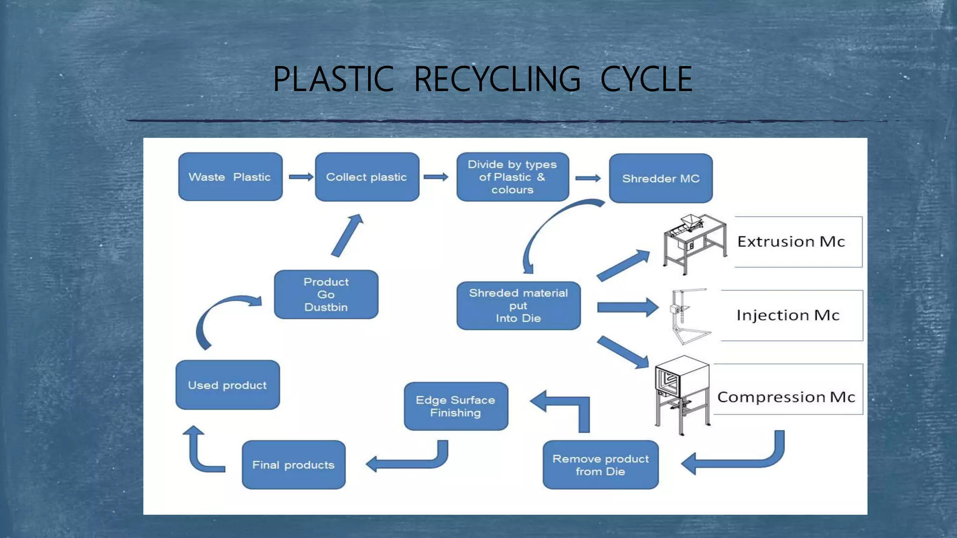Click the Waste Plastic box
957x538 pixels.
coord(230,177)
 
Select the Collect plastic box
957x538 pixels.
coord(367,177)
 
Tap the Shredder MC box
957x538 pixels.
coord(661,178)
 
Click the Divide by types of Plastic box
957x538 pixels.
coord(513,177)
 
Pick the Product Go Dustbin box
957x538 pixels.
coord(326,295)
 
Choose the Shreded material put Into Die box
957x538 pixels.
coord(518,306)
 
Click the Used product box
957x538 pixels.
coord(228,385)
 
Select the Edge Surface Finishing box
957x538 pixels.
coord(456,406)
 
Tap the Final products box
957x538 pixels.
coord(293,465)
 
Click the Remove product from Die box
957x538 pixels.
coord(600,465)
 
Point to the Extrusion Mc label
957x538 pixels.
coord(791,242)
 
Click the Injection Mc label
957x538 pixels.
coord(788,316)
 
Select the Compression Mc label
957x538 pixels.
coord(786,397)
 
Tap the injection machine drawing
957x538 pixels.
coord(687,317)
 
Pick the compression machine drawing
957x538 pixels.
coord(682,395)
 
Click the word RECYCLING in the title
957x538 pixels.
coord(497,79)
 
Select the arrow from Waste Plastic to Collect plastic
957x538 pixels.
coord(300,177)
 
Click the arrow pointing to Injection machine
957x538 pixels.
coord(627,307)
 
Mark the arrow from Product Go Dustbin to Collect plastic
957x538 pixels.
coord(347,236)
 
